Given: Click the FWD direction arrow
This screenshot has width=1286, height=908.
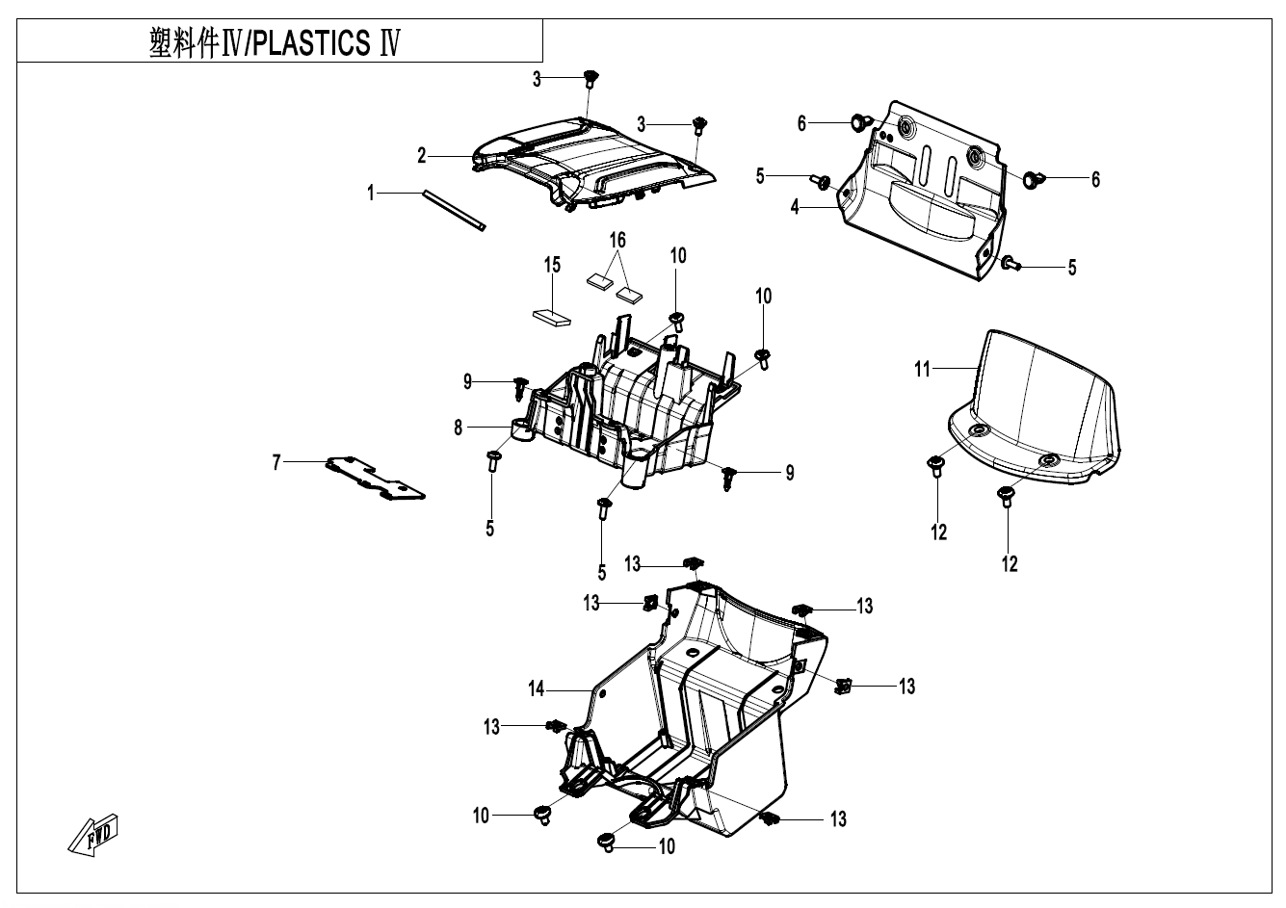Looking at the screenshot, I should click(x=93, y=833).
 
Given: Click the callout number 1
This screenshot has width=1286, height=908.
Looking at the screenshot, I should click(x=371, y=194).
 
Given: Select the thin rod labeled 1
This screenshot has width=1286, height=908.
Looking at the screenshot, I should click(x=452, y=211).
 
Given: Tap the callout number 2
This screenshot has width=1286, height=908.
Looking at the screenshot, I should click(x=422, y=156).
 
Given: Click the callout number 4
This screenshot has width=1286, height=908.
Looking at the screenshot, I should click(x=796, y=207).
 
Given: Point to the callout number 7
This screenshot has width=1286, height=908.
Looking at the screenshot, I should click(x=276, y=463).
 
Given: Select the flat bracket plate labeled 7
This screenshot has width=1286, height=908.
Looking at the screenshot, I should click(x=376, y=478).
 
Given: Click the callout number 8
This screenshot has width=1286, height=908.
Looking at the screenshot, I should click(x=459, y=427).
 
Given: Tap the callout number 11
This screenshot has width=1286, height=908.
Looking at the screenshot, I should click(x=923, y=368).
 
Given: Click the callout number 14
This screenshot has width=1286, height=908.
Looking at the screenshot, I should click(x=537, y=688).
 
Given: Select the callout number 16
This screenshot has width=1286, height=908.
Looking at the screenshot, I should click(x=617, y=238).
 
